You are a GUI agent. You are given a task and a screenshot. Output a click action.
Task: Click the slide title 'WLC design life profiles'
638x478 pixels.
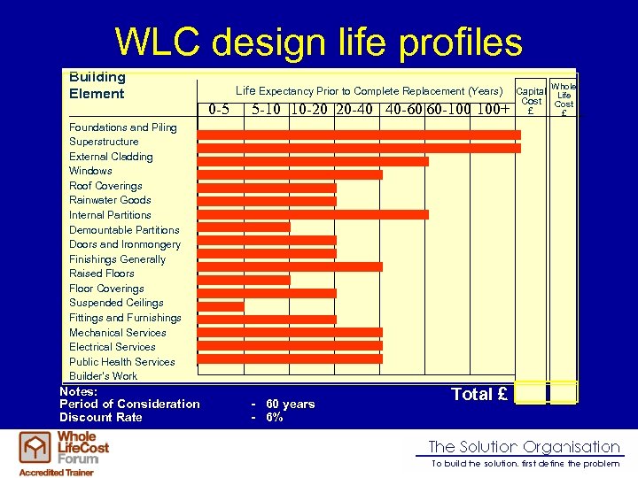(x=319, y=42)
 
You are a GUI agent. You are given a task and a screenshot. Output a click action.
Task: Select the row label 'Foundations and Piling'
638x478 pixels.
(x=123, y=127)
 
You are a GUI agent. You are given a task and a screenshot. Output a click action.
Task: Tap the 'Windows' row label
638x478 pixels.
(x=90, y=171)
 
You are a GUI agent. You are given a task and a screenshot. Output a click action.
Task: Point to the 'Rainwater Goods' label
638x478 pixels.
(x=110, y=200)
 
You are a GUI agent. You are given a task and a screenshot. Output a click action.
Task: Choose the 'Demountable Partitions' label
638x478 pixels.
(x=124, y=230)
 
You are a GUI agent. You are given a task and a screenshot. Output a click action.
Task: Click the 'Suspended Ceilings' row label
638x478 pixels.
(x=116, y=303)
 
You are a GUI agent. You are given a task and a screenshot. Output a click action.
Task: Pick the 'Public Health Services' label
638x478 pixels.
(x=122, y=362)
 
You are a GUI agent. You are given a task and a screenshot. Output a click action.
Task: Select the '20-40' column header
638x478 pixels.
(x=354, y=111)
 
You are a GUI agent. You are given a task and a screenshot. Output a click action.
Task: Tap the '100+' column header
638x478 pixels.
(x=494, y=111)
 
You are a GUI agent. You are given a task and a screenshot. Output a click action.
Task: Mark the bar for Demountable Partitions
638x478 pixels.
(x=244, y=227)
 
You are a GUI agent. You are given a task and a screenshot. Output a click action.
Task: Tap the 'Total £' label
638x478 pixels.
(x=479, y=395)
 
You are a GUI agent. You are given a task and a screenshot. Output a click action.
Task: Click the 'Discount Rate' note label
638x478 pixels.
(x=100, y=418)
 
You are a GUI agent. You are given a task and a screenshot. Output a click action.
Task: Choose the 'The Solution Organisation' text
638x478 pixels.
(x=524, y=447)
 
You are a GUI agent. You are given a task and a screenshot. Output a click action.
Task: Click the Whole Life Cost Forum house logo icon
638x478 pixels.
(x=35, y=448)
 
